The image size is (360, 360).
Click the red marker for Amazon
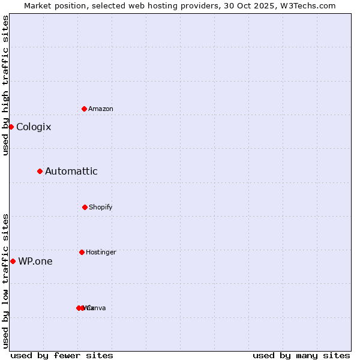(x=85, y=109)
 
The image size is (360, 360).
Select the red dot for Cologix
(x=11, y=127)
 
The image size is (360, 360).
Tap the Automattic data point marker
(x=40, y=171)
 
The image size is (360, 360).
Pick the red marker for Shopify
(x=85, y=207)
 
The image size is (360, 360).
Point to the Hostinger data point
(x=82, y=252)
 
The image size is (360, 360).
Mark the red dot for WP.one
(x=13, y=261)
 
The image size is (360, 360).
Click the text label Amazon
(x=101, y=109)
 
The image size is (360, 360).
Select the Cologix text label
(x=34, y=127)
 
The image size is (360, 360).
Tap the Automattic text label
(x=71, y=172)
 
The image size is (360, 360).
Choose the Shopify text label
(x=101, y=208)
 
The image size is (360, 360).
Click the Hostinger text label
(x=101, y=253)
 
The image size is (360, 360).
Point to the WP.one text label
(x=35, y=262)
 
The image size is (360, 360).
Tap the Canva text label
(x=97, y=308)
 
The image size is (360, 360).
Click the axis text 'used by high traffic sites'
(x=5, y=85)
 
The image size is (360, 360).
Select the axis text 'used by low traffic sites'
(x=5, y=281)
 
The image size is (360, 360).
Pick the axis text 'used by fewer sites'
(x=62, y=355)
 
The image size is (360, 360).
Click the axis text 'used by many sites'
(x=301, y=355)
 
